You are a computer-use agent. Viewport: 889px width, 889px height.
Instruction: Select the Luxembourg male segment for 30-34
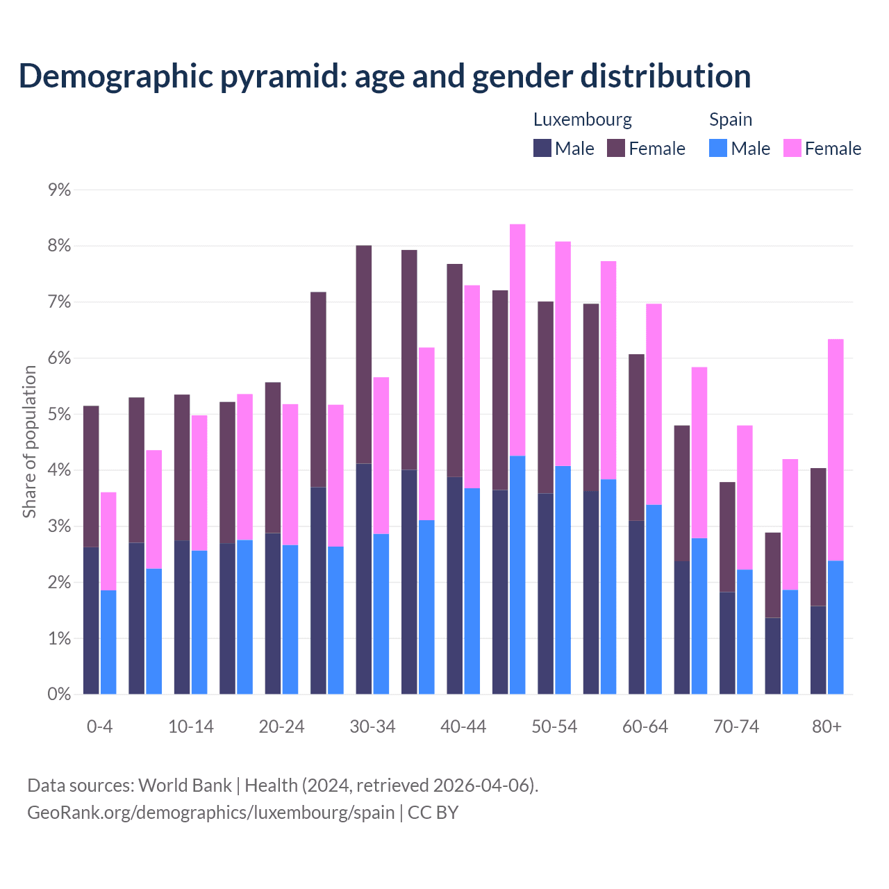coord(364,579)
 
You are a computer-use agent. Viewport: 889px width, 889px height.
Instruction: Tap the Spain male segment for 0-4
coord(108,642)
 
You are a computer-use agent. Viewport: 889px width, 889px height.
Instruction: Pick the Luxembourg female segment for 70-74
coord(727,537)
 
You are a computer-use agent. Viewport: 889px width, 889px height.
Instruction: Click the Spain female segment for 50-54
coord(563,354)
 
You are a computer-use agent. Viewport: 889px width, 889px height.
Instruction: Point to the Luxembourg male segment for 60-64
coord(636,607)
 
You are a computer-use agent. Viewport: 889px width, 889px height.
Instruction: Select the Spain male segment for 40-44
coord(472,591)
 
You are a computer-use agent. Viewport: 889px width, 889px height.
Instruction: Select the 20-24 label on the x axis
coord(281,726)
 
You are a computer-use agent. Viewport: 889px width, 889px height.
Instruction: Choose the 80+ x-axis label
coord(826,726)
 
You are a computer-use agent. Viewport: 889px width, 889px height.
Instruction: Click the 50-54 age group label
coord(554,726)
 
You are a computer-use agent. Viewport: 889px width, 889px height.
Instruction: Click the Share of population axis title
coord(30,442)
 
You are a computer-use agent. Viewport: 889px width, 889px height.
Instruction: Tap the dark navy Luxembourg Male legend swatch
coord(542,148)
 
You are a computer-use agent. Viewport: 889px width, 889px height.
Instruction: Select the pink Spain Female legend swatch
coord(792,148)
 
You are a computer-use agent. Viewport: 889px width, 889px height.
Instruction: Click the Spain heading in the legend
coord(731,119)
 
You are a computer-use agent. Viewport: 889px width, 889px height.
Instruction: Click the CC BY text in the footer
coord(433,812)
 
